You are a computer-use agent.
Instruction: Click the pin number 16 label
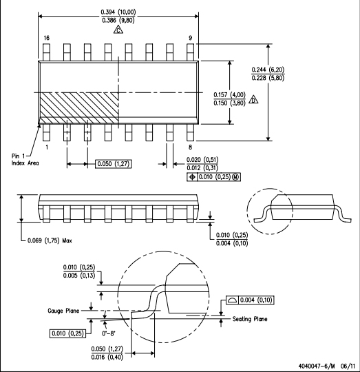[46, 38]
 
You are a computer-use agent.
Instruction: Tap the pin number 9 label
[190, 38]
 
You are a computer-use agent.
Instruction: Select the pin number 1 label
[47, 147]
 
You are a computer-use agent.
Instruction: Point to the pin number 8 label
[190, 147]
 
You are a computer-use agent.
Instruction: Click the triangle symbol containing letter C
[118, 30]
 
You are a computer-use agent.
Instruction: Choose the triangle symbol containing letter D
[253, 100]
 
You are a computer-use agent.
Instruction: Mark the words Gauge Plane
[63, 311]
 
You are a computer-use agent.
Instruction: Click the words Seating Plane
[250, 319]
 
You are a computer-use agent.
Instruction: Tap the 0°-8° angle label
[109, 333]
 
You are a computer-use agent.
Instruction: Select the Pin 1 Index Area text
[25, 159]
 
